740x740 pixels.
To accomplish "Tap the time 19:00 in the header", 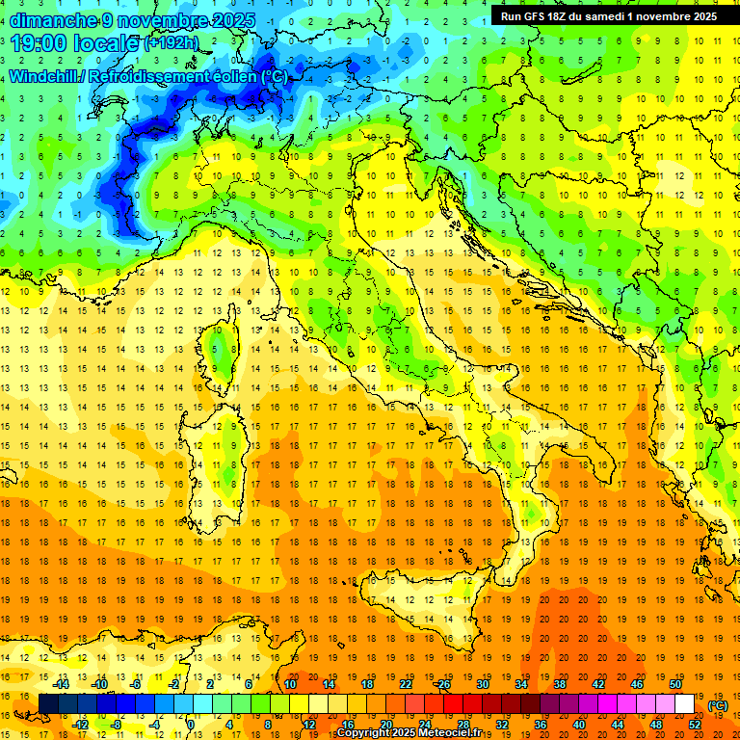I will tap(36, 42).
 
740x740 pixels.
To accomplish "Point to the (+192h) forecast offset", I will tap(171, 43).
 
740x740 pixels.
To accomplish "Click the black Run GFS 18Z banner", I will tap(609, 16).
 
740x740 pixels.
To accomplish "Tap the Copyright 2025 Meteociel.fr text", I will tap(415, 733).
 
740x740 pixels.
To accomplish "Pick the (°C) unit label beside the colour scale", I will tap(719, 705).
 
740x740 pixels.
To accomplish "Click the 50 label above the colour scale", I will tap(675, 684).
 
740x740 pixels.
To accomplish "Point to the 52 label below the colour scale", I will tap(695, 725).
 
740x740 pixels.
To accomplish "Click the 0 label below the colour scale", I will tap(192, 725).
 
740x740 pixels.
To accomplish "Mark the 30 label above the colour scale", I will tap(483, 684).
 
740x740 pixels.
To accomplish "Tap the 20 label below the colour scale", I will tap(385, 725).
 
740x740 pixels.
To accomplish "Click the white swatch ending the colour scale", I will tap(685, 704).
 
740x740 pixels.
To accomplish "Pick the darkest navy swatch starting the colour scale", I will tap(48, 704).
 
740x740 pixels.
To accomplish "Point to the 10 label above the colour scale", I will tap(290, 684).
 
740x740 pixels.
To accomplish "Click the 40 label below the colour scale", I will tap(579, 725).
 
